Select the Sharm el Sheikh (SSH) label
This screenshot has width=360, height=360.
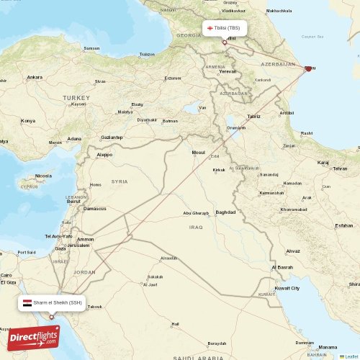click(x=53, y=303)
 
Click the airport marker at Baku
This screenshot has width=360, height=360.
click(x=309, y=69)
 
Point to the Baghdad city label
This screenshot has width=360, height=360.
click(x=225, y=212)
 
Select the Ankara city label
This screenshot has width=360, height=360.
click(x=34, y=76)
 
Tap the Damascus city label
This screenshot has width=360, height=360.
click(x=95, y=208)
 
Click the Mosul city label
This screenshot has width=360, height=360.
click(x=198, y=152)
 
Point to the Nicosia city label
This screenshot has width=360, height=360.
click(x=44, y=175)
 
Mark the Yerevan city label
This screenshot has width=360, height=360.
click(x=228, y=72)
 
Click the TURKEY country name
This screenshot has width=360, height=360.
click(x=75, y=96)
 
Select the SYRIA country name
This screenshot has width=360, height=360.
click(x=120, y=181)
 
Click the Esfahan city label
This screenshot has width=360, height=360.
click(x=344, y=225)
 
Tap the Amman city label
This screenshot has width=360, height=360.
click(x=86, y=239)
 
